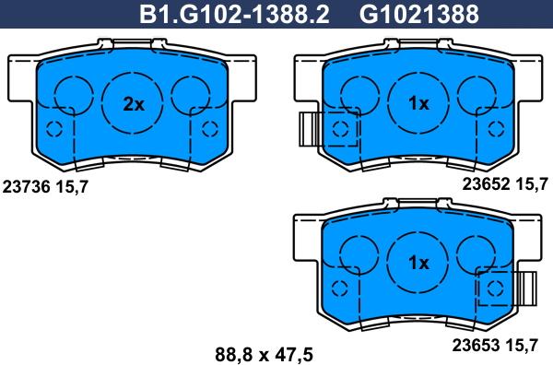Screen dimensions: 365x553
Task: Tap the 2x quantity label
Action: pos(135,104)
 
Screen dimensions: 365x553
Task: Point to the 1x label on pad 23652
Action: pos(419,104)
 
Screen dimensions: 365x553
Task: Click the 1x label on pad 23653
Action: pos(419,263)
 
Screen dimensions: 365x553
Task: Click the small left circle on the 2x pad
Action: pos(53,128)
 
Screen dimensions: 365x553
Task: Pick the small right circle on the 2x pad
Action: pos(211,127)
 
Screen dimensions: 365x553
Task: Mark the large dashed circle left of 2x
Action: pos(72,95)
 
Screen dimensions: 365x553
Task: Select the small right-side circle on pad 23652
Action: pos(497,127)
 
